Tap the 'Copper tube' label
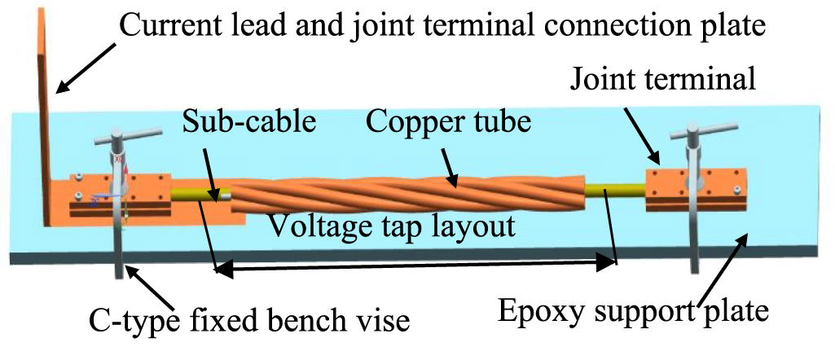pos(448,123)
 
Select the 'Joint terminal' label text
pos(664,79)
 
